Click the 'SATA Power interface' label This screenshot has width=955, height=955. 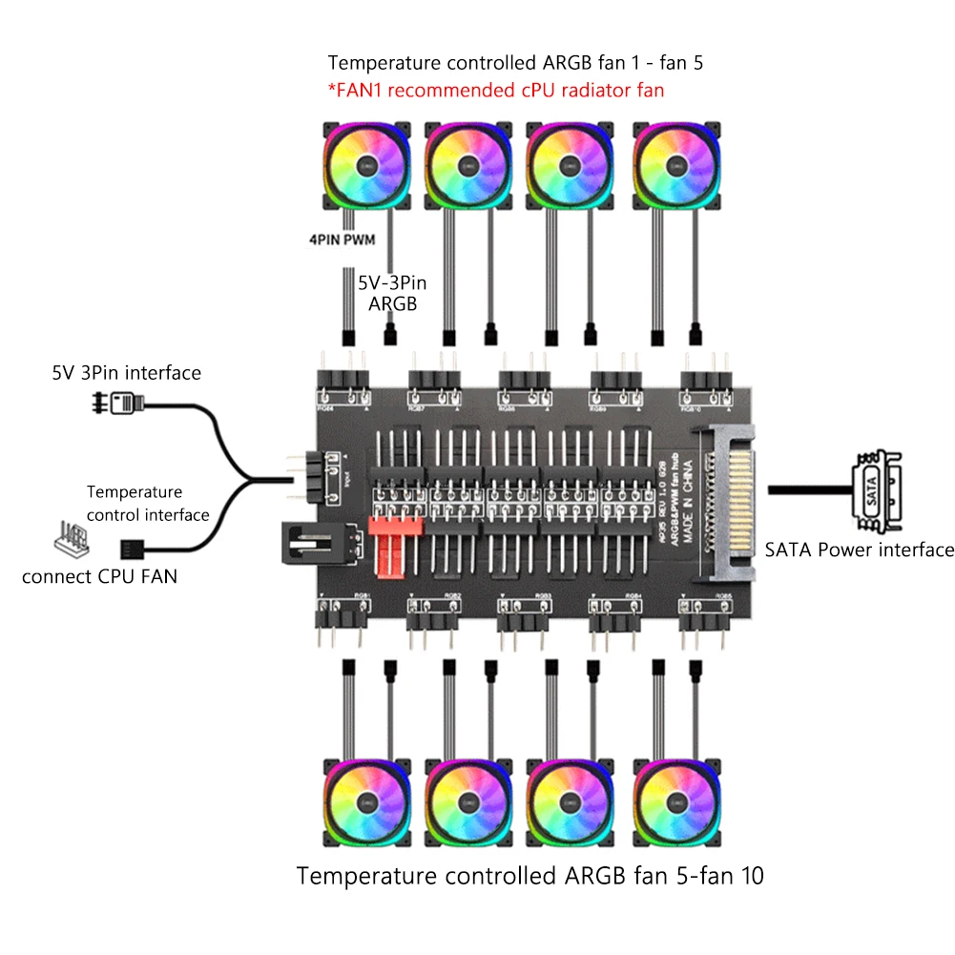859,550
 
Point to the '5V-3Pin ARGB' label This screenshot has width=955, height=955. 393,293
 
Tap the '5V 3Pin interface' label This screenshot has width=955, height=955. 127,372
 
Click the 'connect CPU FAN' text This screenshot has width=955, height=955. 99,576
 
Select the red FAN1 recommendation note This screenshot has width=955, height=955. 496,91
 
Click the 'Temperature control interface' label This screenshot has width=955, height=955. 148,504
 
